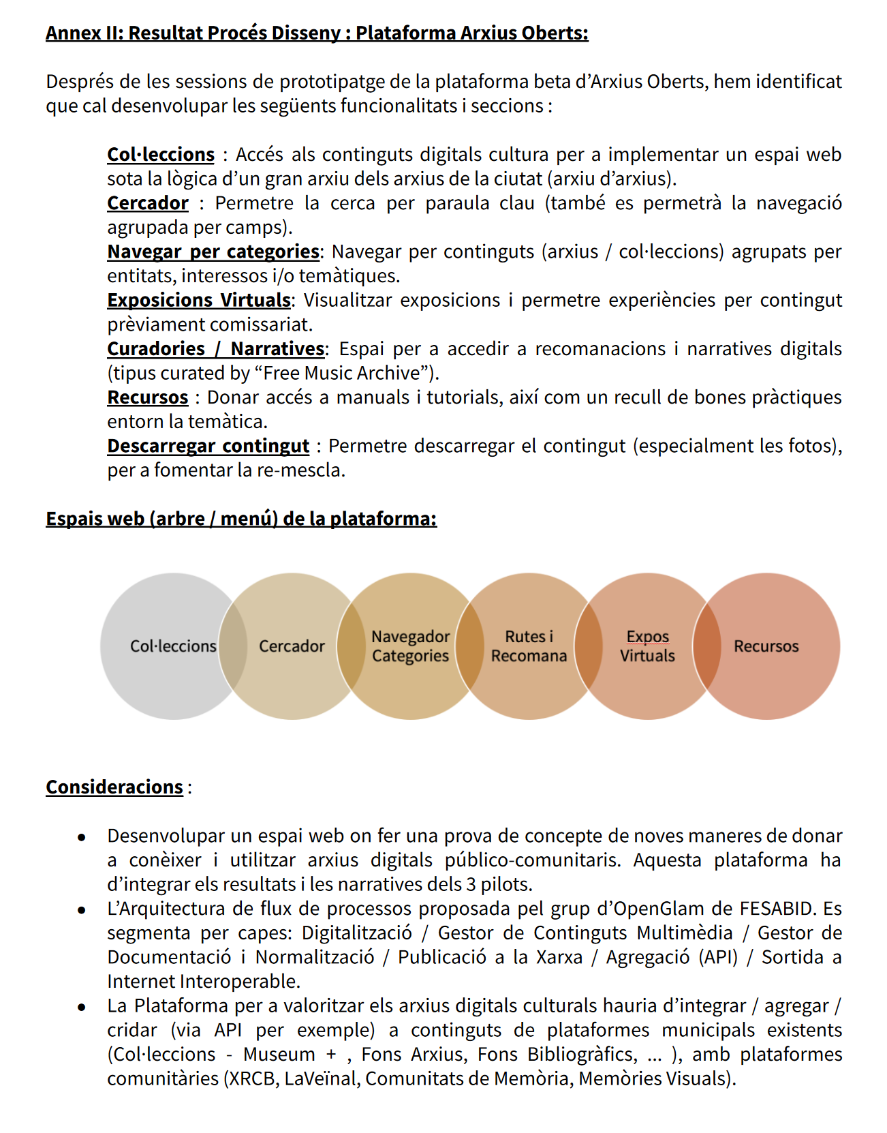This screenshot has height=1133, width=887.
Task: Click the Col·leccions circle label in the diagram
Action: click(173, 646)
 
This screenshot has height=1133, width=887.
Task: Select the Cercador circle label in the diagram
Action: click(292, 646)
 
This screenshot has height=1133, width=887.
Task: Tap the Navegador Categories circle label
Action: click(410, 646)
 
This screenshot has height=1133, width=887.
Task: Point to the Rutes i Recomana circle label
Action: click(529, 646)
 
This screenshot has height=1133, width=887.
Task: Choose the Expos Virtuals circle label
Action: click(647, 646)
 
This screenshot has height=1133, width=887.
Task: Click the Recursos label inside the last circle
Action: click(766, 646)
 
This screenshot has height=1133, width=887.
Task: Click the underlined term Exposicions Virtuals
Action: click(199, 301)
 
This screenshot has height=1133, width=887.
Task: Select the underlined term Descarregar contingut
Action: click(208, 447)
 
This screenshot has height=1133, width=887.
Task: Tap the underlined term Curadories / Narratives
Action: click(215, 349)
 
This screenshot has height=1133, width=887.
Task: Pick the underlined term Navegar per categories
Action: click(213, 252)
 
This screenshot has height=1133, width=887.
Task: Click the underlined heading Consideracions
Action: click(114, 787)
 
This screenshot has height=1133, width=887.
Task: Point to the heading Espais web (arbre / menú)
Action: click(241, 519)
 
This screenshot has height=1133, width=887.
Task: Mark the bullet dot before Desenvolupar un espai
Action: click(82, 837)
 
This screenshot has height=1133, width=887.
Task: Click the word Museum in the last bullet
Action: click(279, 1055)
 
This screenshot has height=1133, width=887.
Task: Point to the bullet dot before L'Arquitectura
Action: click(82, 910)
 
